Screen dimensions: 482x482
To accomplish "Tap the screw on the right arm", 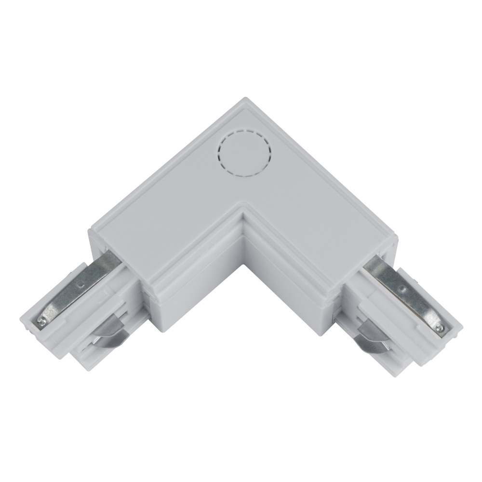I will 439,327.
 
